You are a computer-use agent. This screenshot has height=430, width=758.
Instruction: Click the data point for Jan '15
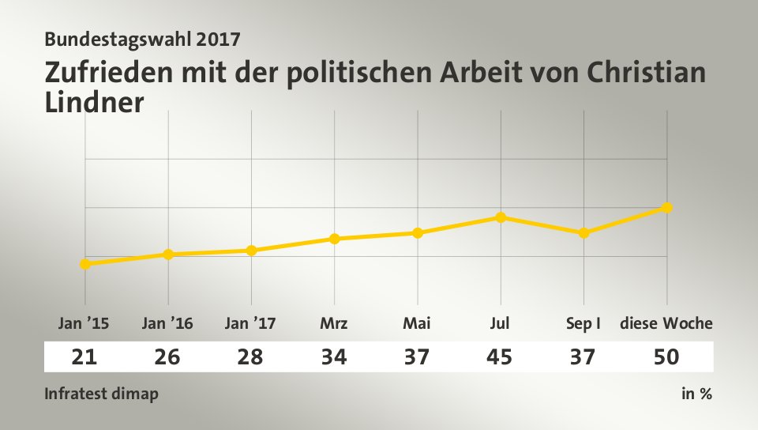[84, 264]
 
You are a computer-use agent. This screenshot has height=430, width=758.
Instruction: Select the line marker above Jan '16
[168, 255]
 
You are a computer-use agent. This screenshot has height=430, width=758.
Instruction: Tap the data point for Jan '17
[251, 251]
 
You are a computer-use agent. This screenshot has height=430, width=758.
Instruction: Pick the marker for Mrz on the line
[335, 239]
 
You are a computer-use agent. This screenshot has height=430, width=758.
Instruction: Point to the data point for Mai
[418, 233]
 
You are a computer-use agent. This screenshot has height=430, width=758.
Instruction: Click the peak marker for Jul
[501, 217]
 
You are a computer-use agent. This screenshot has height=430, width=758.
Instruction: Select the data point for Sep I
[584, 233]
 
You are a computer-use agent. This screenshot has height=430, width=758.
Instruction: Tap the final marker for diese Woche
[667, 208]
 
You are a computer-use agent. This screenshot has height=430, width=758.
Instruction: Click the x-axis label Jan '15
[84, 323]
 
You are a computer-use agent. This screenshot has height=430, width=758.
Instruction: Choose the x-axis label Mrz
[334, 323]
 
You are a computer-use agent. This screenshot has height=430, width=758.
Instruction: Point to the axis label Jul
[500, 323]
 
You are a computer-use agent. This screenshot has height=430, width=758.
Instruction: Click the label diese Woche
[666, 323]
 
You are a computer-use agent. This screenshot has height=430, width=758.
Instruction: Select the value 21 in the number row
[84, 357]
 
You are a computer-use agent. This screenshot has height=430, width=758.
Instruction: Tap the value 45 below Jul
[500, 357]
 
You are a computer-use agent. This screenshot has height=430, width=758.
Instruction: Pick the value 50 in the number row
[666, 357]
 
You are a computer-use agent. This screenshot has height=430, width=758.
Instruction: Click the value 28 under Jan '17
[250, 357]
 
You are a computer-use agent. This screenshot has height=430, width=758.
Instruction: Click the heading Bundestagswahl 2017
[143, 37]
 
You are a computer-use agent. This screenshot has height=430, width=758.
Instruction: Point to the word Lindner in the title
[95, 102]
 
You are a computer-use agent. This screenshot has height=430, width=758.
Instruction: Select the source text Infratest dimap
[101, 394]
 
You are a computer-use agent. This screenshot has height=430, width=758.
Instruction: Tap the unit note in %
[696, 394]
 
